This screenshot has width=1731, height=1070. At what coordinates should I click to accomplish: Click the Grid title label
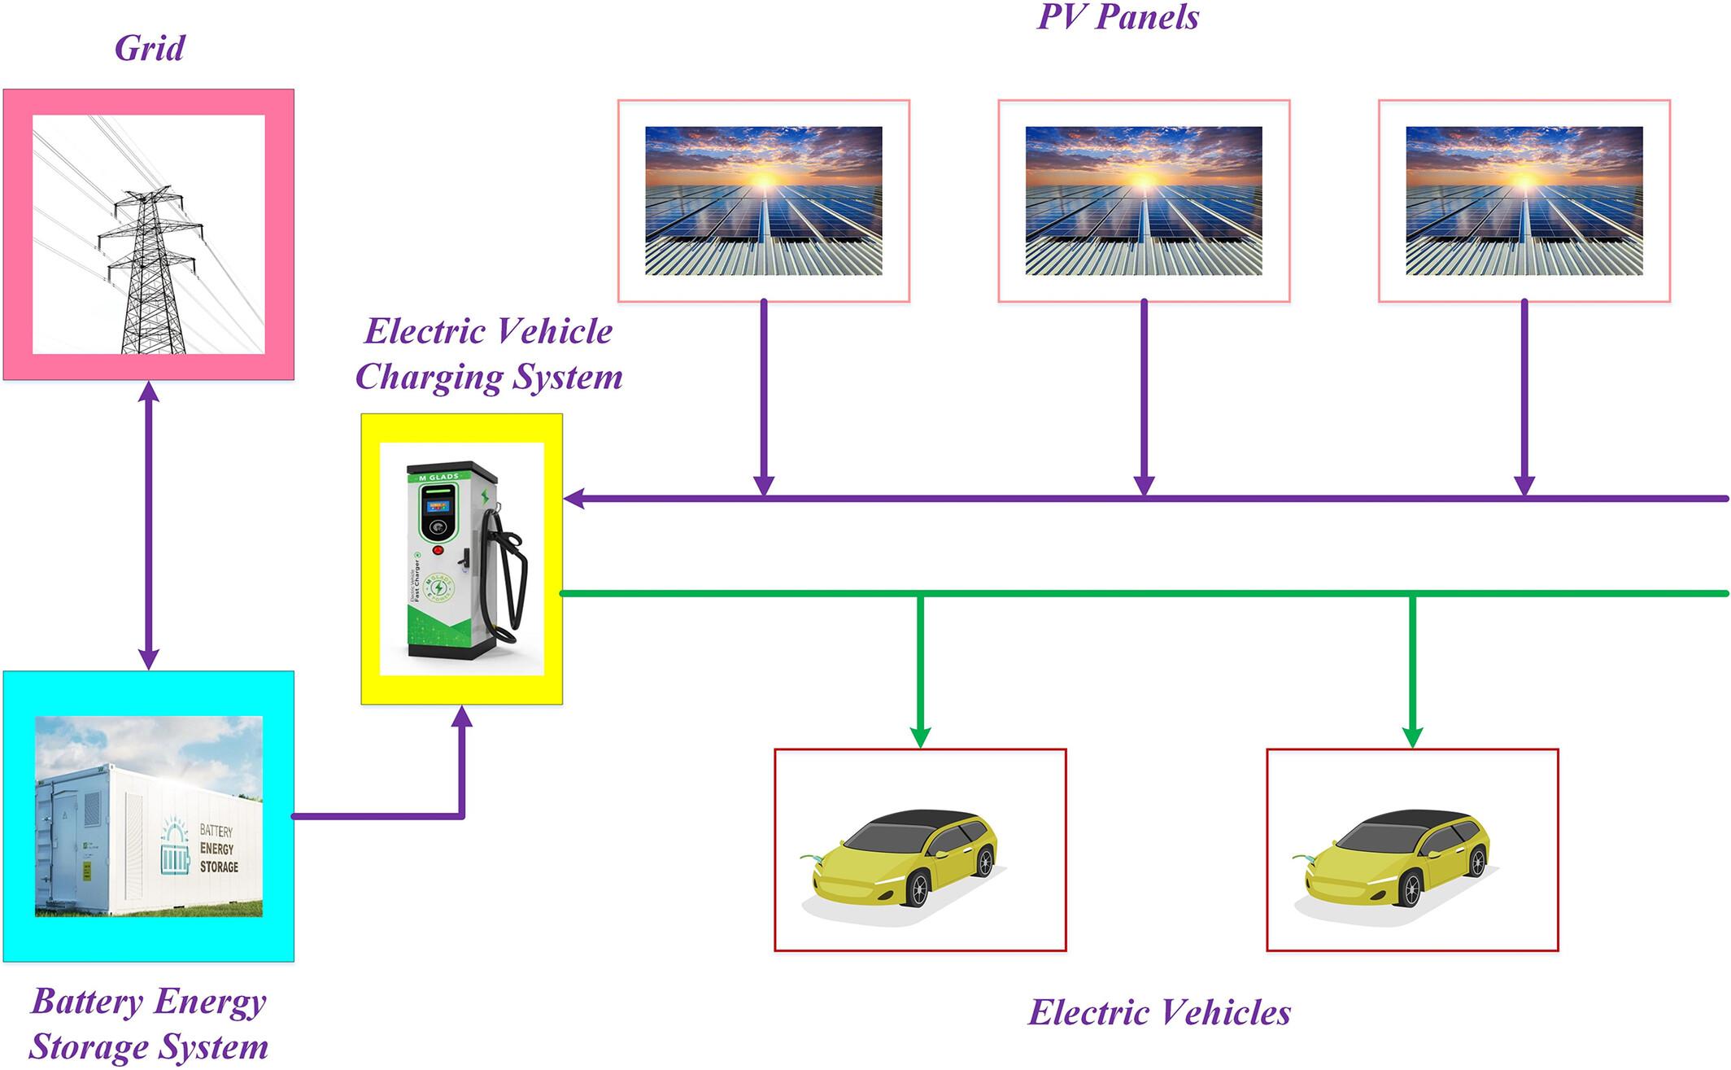point(150,49)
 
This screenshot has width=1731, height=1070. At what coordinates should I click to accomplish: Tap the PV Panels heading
point(1118,17)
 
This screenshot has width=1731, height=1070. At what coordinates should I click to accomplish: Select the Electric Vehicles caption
point(1159,1013)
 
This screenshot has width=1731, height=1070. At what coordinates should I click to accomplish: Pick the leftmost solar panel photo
point(763,201)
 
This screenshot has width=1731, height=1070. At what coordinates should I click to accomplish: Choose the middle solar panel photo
point(1144,201)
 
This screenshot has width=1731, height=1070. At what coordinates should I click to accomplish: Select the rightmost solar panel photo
point(1524,201)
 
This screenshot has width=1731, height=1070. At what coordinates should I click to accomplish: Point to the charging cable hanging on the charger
point(512,578)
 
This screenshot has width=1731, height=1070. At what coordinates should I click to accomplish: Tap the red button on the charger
point(438,551)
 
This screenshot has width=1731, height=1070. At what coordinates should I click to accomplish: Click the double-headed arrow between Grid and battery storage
point(148,525)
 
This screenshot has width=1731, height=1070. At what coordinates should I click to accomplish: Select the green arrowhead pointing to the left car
point(920,737)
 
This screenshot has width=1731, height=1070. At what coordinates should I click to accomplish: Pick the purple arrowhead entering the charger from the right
point(574,499)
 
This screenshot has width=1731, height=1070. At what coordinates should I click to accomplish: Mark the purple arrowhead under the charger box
point(462,716)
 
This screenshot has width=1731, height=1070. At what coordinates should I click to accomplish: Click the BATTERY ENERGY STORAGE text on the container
point(218,849)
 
